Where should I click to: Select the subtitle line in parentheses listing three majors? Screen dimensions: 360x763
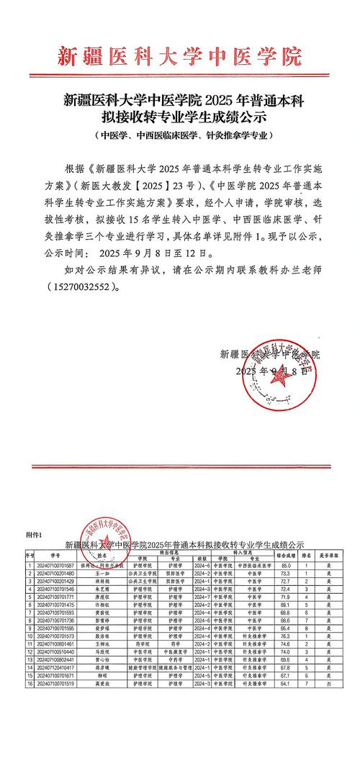pyautogui.click(x=179, y=135)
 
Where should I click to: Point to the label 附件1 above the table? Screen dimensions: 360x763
pyautogui.click(x=35, y=536)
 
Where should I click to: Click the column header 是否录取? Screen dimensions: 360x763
pyautogui.click(x=328, y=556)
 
